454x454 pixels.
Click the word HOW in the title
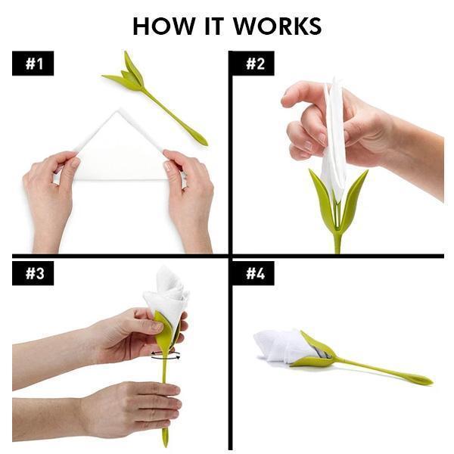tap(164, 26)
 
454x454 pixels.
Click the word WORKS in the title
tap(278, 26)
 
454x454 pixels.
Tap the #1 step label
tap(33, 64)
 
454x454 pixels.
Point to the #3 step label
tap(33, 273)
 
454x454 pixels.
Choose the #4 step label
tap(253, 273)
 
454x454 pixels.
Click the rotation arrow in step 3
tap(166, 356)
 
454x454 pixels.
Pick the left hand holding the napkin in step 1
tap(51, 197)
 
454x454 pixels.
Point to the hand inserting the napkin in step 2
tap(362, 130)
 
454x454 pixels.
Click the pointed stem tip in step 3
tap(165, 446)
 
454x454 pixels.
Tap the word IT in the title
tap(214, 26)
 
